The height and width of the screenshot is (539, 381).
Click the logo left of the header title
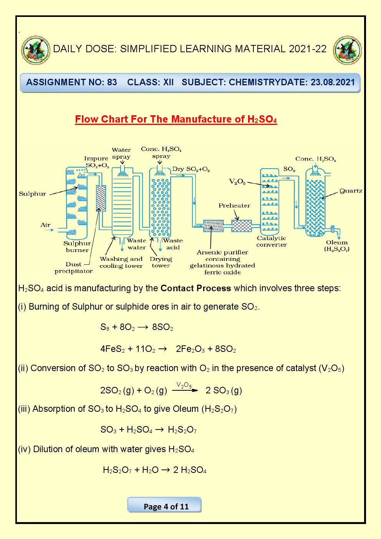point(36,50)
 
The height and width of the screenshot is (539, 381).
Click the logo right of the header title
point(347,50)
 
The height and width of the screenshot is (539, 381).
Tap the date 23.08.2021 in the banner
point(333,82)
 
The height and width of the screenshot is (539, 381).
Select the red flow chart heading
point(176,119)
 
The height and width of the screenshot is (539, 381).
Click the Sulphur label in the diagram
point(32,194)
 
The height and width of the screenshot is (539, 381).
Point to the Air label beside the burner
point(45,225)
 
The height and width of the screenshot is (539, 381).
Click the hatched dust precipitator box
point(101,198)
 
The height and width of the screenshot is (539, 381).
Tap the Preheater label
point(234,206)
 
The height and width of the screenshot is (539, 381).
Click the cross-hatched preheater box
point(242,226)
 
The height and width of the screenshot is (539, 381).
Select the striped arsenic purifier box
point(213,226)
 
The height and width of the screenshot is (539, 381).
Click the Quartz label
point(351,191)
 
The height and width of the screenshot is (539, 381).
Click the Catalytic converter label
point(272,241)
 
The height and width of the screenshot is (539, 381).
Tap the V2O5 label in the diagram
point(237,182)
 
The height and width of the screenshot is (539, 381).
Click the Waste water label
point(136,244)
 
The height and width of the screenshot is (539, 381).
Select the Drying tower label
point(161,262)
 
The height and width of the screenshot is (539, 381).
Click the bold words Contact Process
point(195,289)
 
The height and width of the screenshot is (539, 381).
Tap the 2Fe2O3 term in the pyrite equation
point(190,349)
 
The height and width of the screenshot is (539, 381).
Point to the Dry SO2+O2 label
point(191,169)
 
